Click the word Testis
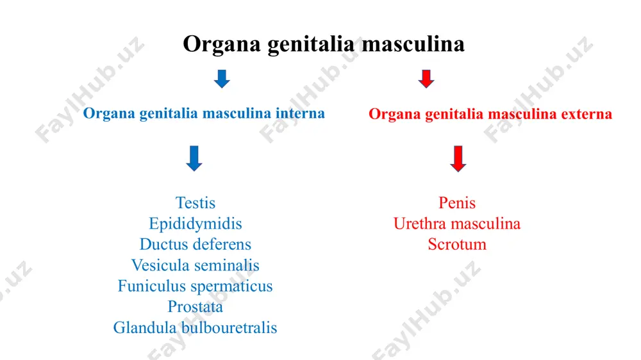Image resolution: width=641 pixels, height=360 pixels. point(196,202)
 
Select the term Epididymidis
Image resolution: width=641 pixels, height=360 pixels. point(196,224)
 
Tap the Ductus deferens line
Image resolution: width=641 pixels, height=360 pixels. point(196,244)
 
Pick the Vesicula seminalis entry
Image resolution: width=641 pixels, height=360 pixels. point(196,265)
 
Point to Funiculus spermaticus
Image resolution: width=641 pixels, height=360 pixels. point(196,286)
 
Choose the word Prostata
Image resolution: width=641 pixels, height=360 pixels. point(196,307)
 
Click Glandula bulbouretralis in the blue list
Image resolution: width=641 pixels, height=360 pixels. point(196,328)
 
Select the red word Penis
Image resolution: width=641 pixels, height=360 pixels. point(457,202)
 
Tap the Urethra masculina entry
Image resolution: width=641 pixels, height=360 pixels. point(457,224)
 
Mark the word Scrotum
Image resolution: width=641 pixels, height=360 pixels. point(457,244)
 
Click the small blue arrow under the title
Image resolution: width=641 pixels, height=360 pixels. point(222,79)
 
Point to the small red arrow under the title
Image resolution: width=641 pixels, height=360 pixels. point(426,79)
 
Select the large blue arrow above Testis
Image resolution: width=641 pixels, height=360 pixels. point(194,158)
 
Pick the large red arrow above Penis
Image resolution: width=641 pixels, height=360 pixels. point(458,159)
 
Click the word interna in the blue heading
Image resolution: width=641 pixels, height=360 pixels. point(300,113)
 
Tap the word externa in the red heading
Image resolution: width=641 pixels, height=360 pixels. point(587,114)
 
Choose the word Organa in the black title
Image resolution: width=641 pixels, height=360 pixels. point(222,44)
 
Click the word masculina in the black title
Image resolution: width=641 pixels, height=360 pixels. point(413,44)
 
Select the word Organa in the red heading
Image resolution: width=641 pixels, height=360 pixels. point(394,115)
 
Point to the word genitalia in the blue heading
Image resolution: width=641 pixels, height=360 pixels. point(169,114)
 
